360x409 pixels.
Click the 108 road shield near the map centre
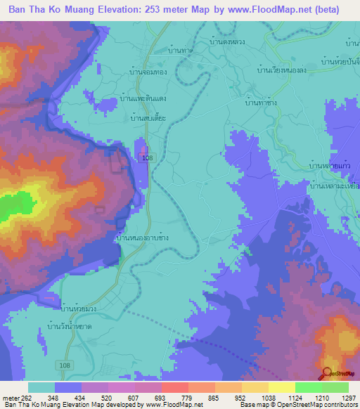146,159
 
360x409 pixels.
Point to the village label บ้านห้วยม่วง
79,309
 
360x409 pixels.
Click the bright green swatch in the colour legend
308,387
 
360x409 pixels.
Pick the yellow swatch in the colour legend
281,387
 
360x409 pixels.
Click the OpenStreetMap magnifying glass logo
326,372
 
